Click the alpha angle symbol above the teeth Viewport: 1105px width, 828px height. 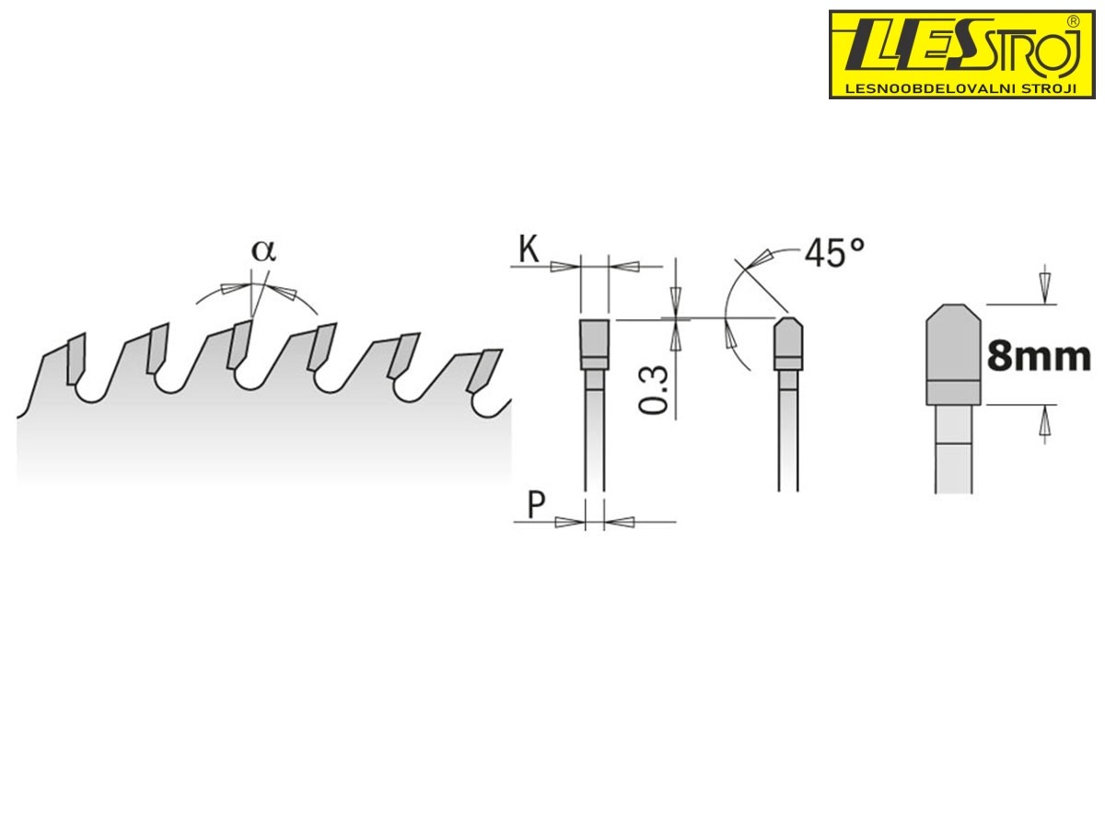click(x=263, y=250)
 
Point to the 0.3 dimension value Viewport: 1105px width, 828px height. click(x=653, y=389)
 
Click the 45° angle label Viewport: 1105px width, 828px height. click(x=834, y=252)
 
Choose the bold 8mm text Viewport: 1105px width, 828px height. click(x=1039, y=356)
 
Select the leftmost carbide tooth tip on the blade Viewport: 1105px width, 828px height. click(x=76, y=359)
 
